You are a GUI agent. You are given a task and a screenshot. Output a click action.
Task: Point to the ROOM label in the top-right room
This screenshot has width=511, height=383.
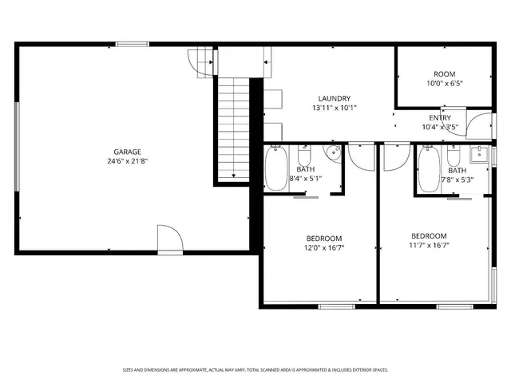point(445,73)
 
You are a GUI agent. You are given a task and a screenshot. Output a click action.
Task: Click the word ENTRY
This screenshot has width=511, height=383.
point(440,118)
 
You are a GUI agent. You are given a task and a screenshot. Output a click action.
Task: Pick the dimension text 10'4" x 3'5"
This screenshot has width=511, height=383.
point(440,127)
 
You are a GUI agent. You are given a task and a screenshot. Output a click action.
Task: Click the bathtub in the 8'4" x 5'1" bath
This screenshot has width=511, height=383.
point(276,168)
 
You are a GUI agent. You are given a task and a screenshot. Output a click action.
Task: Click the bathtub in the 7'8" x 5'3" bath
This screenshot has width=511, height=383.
point(428,168)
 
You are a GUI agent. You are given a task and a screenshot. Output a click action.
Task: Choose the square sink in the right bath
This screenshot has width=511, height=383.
point(479,154)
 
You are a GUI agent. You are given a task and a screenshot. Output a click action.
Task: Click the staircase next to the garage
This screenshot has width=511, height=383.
point(233,128)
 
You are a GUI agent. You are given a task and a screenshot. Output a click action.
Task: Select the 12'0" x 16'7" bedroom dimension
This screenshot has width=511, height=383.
point(324,247)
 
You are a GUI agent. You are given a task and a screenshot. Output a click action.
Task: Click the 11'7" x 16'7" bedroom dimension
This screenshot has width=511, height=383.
point(429,246)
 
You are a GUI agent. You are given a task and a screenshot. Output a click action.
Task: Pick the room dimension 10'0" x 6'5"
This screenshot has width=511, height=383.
point(445,82)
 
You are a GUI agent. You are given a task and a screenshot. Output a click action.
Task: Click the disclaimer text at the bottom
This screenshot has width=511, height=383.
point(255,370)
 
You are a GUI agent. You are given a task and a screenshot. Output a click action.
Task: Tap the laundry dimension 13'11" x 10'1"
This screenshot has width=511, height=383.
point(335,108)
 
